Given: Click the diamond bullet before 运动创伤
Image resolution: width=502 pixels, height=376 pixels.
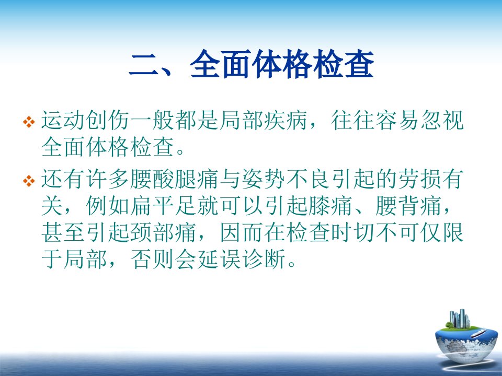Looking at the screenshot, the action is (x=29, y=122).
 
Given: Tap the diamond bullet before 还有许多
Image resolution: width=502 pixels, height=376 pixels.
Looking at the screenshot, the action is (x=29, y=181).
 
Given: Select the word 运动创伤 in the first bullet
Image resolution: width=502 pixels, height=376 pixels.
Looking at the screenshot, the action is (x=85, y=121).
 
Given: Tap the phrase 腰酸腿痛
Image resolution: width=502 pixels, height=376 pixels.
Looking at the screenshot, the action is (x=175, y=179).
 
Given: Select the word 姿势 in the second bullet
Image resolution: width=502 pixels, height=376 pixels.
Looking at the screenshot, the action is (x=263, y=179).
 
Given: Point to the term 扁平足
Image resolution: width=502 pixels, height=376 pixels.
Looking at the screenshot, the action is (x=163, y=206).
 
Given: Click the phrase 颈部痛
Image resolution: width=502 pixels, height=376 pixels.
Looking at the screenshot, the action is (x=163, y=232).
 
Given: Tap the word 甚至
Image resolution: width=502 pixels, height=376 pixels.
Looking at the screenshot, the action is (x=63, y=232).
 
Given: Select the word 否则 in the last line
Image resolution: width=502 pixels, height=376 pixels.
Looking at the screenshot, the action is (x=152, y=259).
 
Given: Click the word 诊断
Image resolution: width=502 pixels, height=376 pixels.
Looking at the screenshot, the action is (x=263, y=259).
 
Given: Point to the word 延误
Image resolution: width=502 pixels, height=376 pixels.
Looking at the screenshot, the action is (x=219, y=259).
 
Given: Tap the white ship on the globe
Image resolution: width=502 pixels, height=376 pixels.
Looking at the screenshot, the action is (x=478, y=334).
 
